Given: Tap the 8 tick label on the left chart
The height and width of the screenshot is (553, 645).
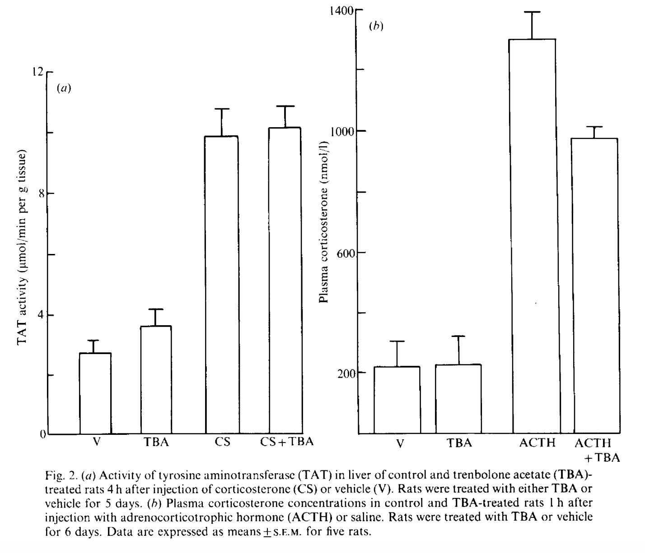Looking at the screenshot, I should [x=43, y=194].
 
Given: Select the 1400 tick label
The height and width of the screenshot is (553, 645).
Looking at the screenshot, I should [x=341, y=10].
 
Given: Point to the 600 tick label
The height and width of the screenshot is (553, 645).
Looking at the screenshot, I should [x=346, y=252].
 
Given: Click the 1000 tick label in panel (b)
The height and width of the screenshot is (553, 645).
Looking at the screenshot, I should [x=343, y=131].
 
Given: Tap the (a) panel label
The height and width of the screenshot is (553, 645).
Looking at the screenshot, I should [x=64, y=88].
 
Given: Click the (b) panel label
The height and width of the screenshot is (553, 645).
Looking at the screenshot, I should [x=376, y=26].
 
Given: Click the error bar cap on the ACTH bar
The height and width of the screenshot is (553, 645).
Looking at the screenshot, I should [x=532, y=12].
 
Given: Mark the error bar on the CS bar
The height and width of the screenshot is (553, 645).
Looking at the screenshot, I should [x=221, y=122].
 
